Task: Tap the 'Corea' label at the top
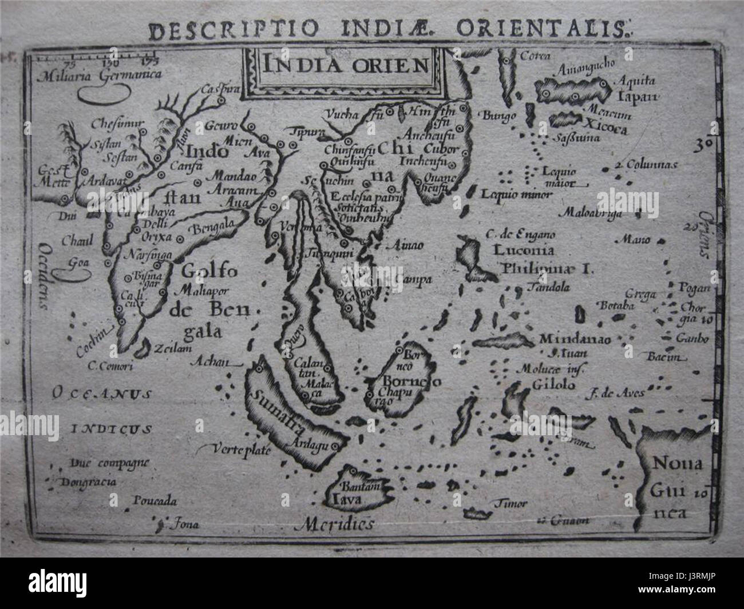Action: click(x=535, y=55)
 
